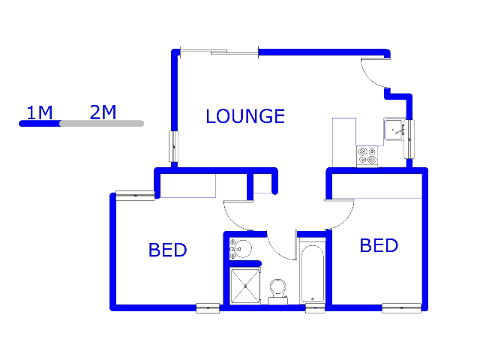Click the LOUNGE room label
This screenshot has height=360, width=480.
click(x=245, y=116)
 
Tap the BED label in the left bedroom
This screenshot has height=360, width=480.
click(x=167, y=250)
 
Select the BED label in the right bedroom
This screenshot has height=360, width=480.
click(x=379, y=245)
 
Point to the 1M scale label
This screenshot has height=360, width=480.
click(x=40, y=112)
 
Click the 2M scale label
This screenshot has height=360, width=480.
click(x=103, y=112)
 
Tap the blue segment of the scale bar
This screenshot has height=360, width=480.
click(x=40, y=123)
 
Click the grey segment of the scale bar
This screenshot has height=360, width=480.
click(x=102, y=123)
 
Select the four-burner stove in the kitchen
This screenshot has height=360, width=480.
click(x=367, y=156)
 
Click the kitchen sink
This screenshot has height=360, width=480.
click(x=394, y=130)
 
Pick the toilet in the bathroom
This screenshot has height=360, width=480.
click(x=278, y=292)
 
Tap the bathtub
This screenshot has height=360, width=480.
click(x=312, y=273)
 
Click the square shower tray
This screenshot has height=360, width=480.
click(x=245, y=286)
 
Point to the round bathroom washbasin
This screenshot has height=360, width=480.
click(x=241, y=248)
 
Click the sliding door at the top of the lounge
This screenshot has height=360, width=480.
click(x=219, y=52)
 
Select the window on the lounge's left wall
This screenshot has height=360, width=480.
click(x=174, y=146)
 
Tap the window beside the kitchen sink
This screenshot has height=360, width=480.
click(x=409, y=139)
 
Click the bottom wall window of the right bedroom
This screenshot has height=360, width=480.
click(x=401, y=308)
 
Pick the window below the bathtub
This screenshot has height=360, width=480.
click(x=315, y=308)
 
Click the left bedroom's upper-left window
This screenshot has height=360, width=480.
click(x=135, y=195)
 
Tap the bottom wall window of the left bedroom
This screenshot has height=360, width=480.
click(x=208, y=308)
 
